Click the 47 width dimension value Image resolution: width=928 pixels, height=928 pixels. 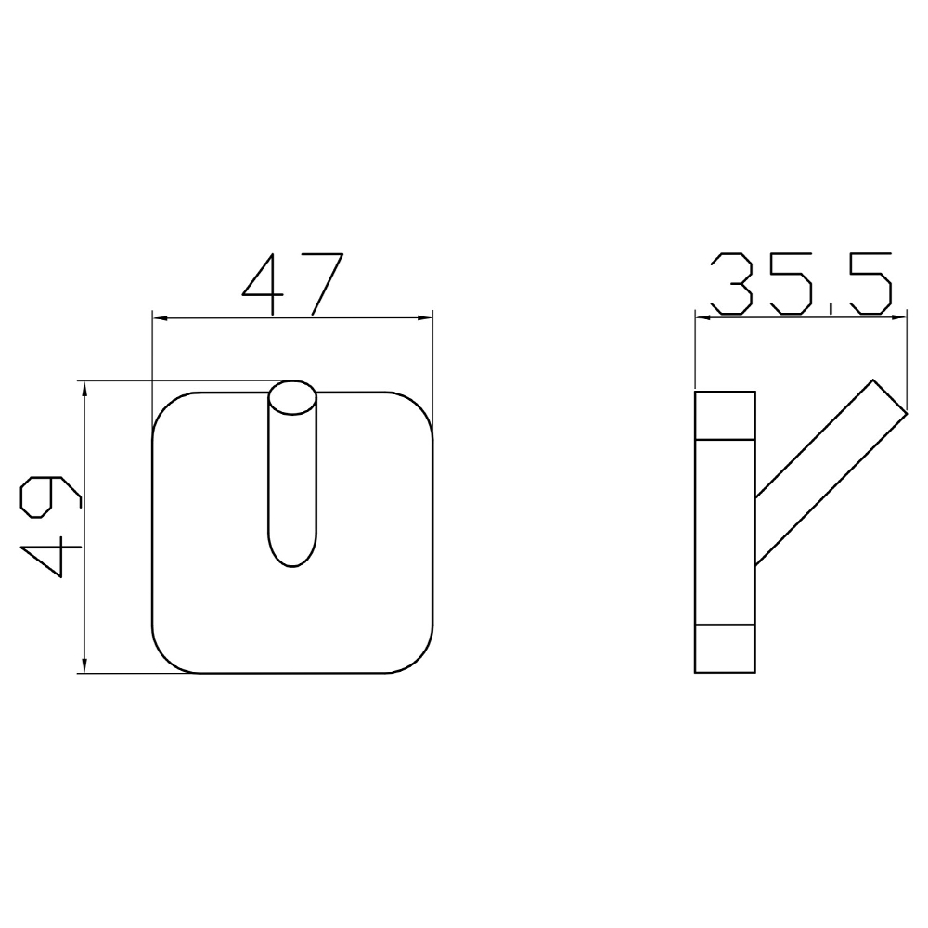pyautogui.click(x=292, y=284)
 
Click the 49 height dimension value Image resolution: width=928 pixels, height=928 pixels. pyautogui.click(x=50, y=527)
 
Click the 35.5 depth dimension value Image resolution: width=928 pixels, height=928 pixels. pyautogui.click(x=802, y=284)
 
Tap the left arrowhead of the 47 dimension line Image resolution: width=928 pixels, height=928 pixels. pyautogui.click(x=161, y=318)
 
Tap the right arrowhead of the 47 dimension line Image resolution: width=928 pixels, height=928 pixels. pyautogui.click(x=425, y=318)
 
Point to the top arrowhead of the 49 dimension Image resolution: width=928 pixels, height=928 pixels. pyautogui.click(x=85, y=390)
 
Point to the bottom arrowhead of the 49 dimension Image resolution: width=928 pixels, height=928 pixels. pyautogui.click(x=85, y=665)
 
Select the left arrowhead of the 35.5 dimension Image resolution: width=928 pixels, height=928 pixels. pyautogui.click(x=703, y=317)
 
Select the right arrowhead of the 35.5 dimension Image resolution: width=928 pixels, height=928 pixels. pyautogui.click(x=899, y=317)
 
